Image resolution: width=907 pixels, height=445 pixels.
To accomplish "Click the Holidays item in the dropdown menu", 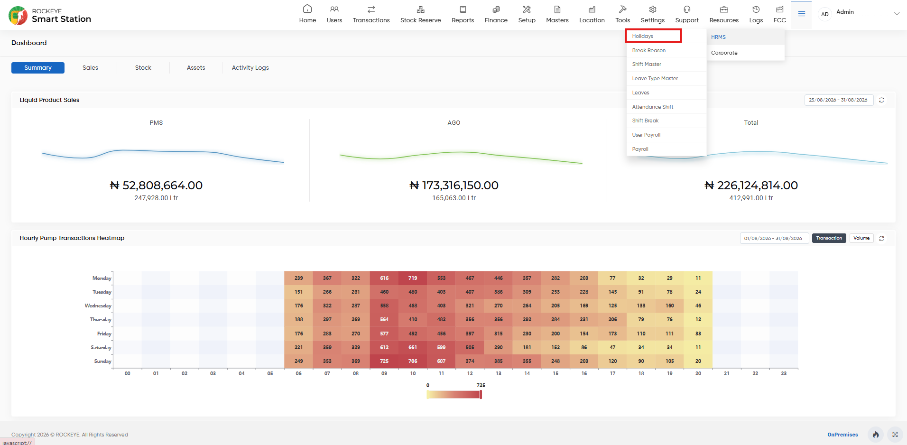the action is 642,36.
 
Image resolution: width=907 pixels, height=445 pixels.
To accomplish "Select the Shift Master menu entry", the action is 647,64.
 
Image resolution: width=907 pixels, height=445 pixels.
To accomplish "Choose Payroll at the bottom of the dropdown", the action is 640,149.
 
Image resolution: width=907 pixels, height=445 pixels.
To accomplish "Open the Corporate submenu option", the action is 724,53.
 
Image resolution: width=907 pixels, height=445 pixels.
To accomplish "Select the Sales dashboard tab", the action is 90,68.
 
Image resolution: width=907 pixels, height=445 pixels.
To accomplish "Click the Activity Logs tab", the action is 250,68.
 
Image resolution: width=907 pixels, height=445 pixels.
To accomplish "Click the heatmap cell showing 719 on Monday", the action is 413,278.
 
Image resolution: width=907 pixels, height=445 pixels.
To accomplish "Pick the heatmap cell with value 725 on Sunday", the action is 384,361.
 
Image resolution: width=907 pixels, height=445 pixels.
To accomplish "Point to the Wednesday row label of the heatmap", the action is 98,306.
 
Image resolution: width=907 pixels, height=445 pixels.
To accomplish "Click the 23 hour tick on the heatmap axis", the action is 784,373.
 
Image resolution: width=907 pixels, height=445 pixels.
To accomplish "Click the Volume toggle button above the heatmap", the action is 861,238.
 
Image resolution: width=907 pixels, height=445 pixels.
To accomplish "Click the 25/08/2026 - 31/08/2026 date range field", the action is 839,100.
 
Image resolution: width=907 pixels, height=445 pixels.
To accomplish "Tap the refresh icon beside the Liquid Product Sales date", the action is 881,100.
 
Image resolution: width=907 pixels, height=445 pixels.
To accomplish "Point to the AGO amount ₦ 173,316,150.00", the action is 454,185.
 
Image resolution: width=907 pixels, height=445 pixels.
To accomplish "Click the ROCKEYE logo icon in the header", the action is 18,15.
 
